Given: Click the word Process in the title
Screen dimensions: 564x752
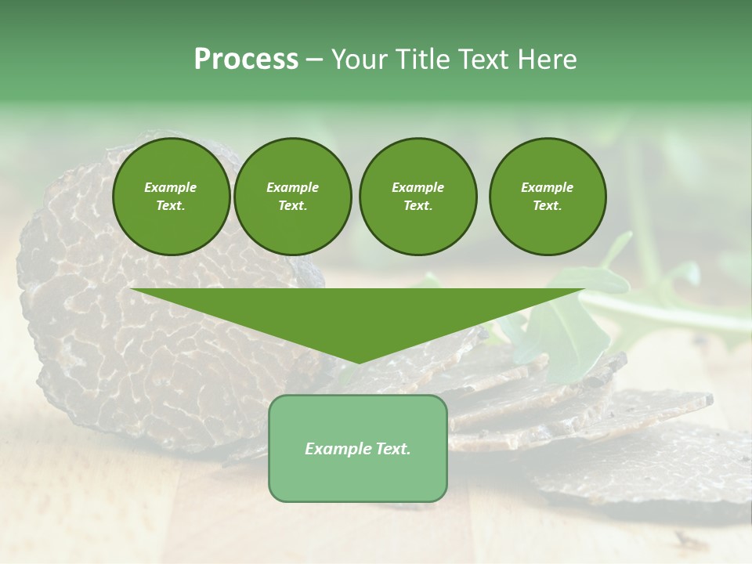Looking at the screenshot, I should pyautogui.click(x=246, y=60).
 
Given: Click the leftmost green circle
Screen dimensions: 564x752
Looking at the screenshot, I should pyautogui.click(x=171, y=197).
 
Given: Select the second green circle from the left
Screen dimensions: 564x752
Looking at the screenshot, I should pyautogui.click(x=292, y=197).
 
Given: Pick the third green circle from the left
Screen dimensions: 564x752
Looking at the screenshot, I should pyautogui.click(x=418, y=197).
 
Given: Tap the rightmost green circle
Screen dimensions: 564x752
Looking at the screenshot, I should pyautogui.click(x=548, y=197).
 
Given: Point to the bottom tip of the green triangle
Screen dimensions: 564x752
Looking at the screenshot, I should pyautogui.click(x=358, y=362).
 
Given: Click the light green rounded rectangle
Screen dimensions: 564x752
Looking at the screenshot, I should pyautogui.click(x=358, y=478).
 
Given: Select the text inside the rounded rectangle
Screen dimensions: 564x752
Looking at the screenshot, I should pyautogui.click(x=358, y=449).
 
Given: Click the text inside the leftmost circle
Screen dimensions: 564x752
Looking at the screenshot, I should pyautogui.click(x=171, y=197).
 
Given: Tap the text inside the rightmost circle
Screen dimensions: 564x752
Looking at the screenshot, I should pyautogui.click(x=548, y=197).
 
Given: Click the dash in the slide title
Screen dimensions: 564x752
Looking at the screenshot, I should pyautogui.click(x=315, y=60).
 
